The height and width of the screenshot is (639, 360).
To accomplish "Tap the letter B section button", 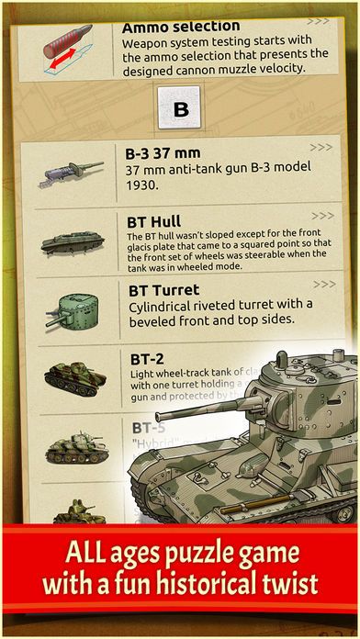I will point(180,107).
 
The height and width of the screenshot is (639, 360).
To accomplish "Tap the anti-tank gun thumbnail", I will point(70,174).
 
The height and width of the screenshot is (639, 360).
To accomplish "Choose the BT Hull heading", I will point(152,221).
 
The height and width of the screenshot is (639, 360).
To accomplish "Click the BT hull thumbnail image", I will point(69,243).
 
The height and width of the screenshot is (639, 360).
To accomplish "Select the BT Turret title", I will point(162,290).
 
